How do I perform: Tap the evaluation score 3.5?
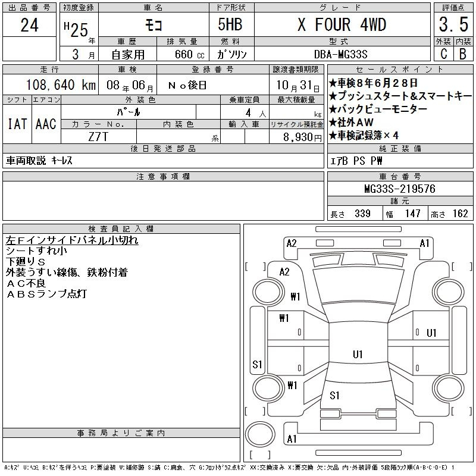click(x=451, y=25)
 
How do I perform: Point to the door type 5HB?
click(x=231, y=25)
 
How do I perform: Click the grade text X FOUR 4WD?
click(x=342, y=25)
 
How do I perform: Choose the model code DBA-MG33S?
click(x=341, y=54)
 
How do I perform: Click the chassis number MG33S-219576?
click(x=399, y=189)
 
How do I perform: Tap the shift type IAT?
click(x=16, y=124)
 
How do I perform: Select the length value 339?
click(x=359, y=214)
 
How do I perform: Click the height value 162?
click(x=460, y=214)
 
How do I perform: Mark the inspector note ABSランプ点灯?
click(x=47, y=294)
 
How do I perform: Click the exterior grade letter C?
click(x=443, y=54)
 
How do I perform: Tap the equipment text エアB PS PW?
click(x=356, y=161)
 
